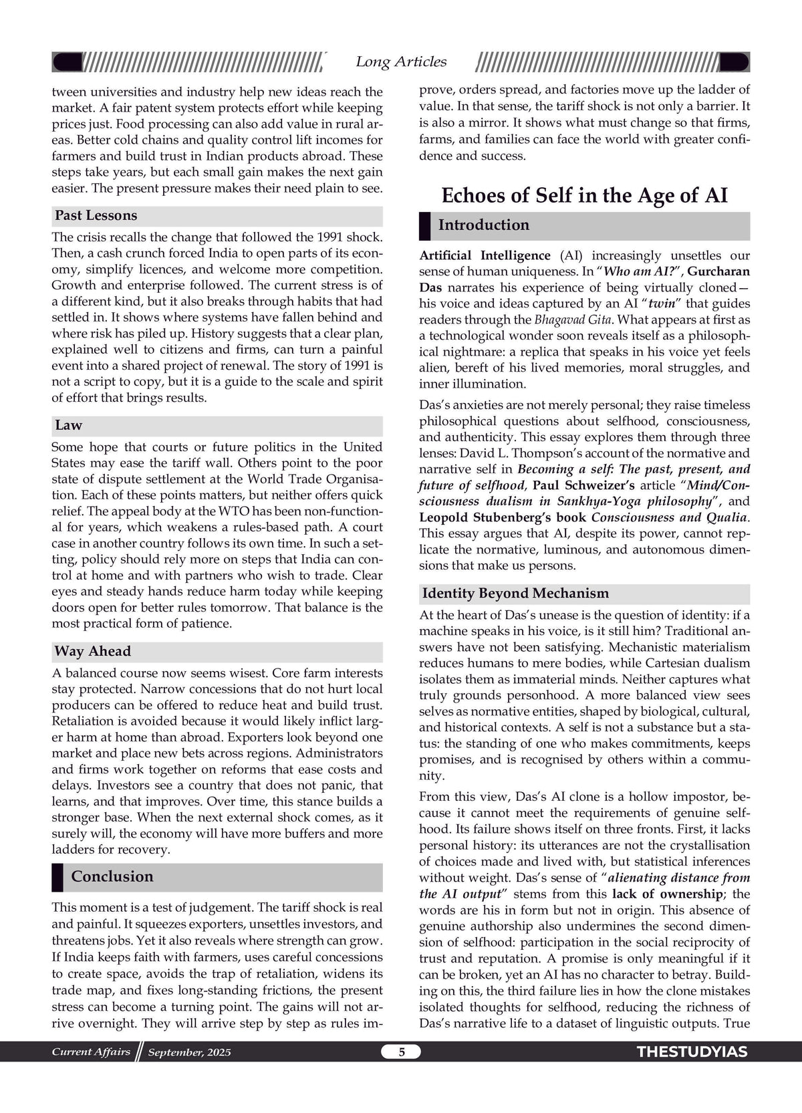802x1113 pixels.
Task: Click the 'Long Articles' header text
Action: [x=401, y=61]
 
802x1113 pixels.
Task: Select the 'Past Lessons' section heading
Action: [x=96, y=215]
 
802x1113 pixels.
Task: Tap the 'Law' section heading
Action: [x=68, y=425]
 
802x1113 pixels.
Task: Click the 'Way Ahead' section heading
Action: [x=92, y=651]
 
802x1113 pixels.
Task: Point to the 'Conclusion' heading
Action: [x=112, y=876]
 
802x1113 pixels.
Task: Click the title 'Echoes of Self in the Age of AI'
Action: [x=584, y=195]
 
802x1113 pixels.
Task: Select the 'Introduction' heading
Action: [x=483, y=225]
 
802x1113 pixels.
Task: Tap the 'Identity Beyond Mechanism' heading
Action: [x=515, y=593]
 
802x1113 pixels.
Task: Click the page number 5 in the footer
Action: [x=402, y=1052]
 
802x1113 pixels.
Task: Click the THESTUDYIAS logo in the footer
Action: [x=692, y=1052]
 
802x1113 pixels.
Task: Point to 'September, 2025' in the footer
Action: [x=189, y=1052]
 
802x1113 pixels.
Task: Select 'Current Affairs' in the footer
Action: [x=91, y=1052]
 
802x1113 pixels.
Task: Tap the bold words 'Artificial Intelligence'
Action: [x=485, y=255]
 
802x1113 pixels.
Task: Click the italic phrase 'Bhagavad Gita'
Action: [x=572, y=320]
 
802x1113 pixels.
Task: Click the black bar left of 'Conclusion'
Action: [x=57, y=877]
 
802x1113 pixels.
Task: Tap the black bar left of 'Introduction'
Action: [x=424, y=226]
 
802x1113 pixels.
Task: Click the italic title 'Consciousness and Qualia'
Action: [x=669, y=517]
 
